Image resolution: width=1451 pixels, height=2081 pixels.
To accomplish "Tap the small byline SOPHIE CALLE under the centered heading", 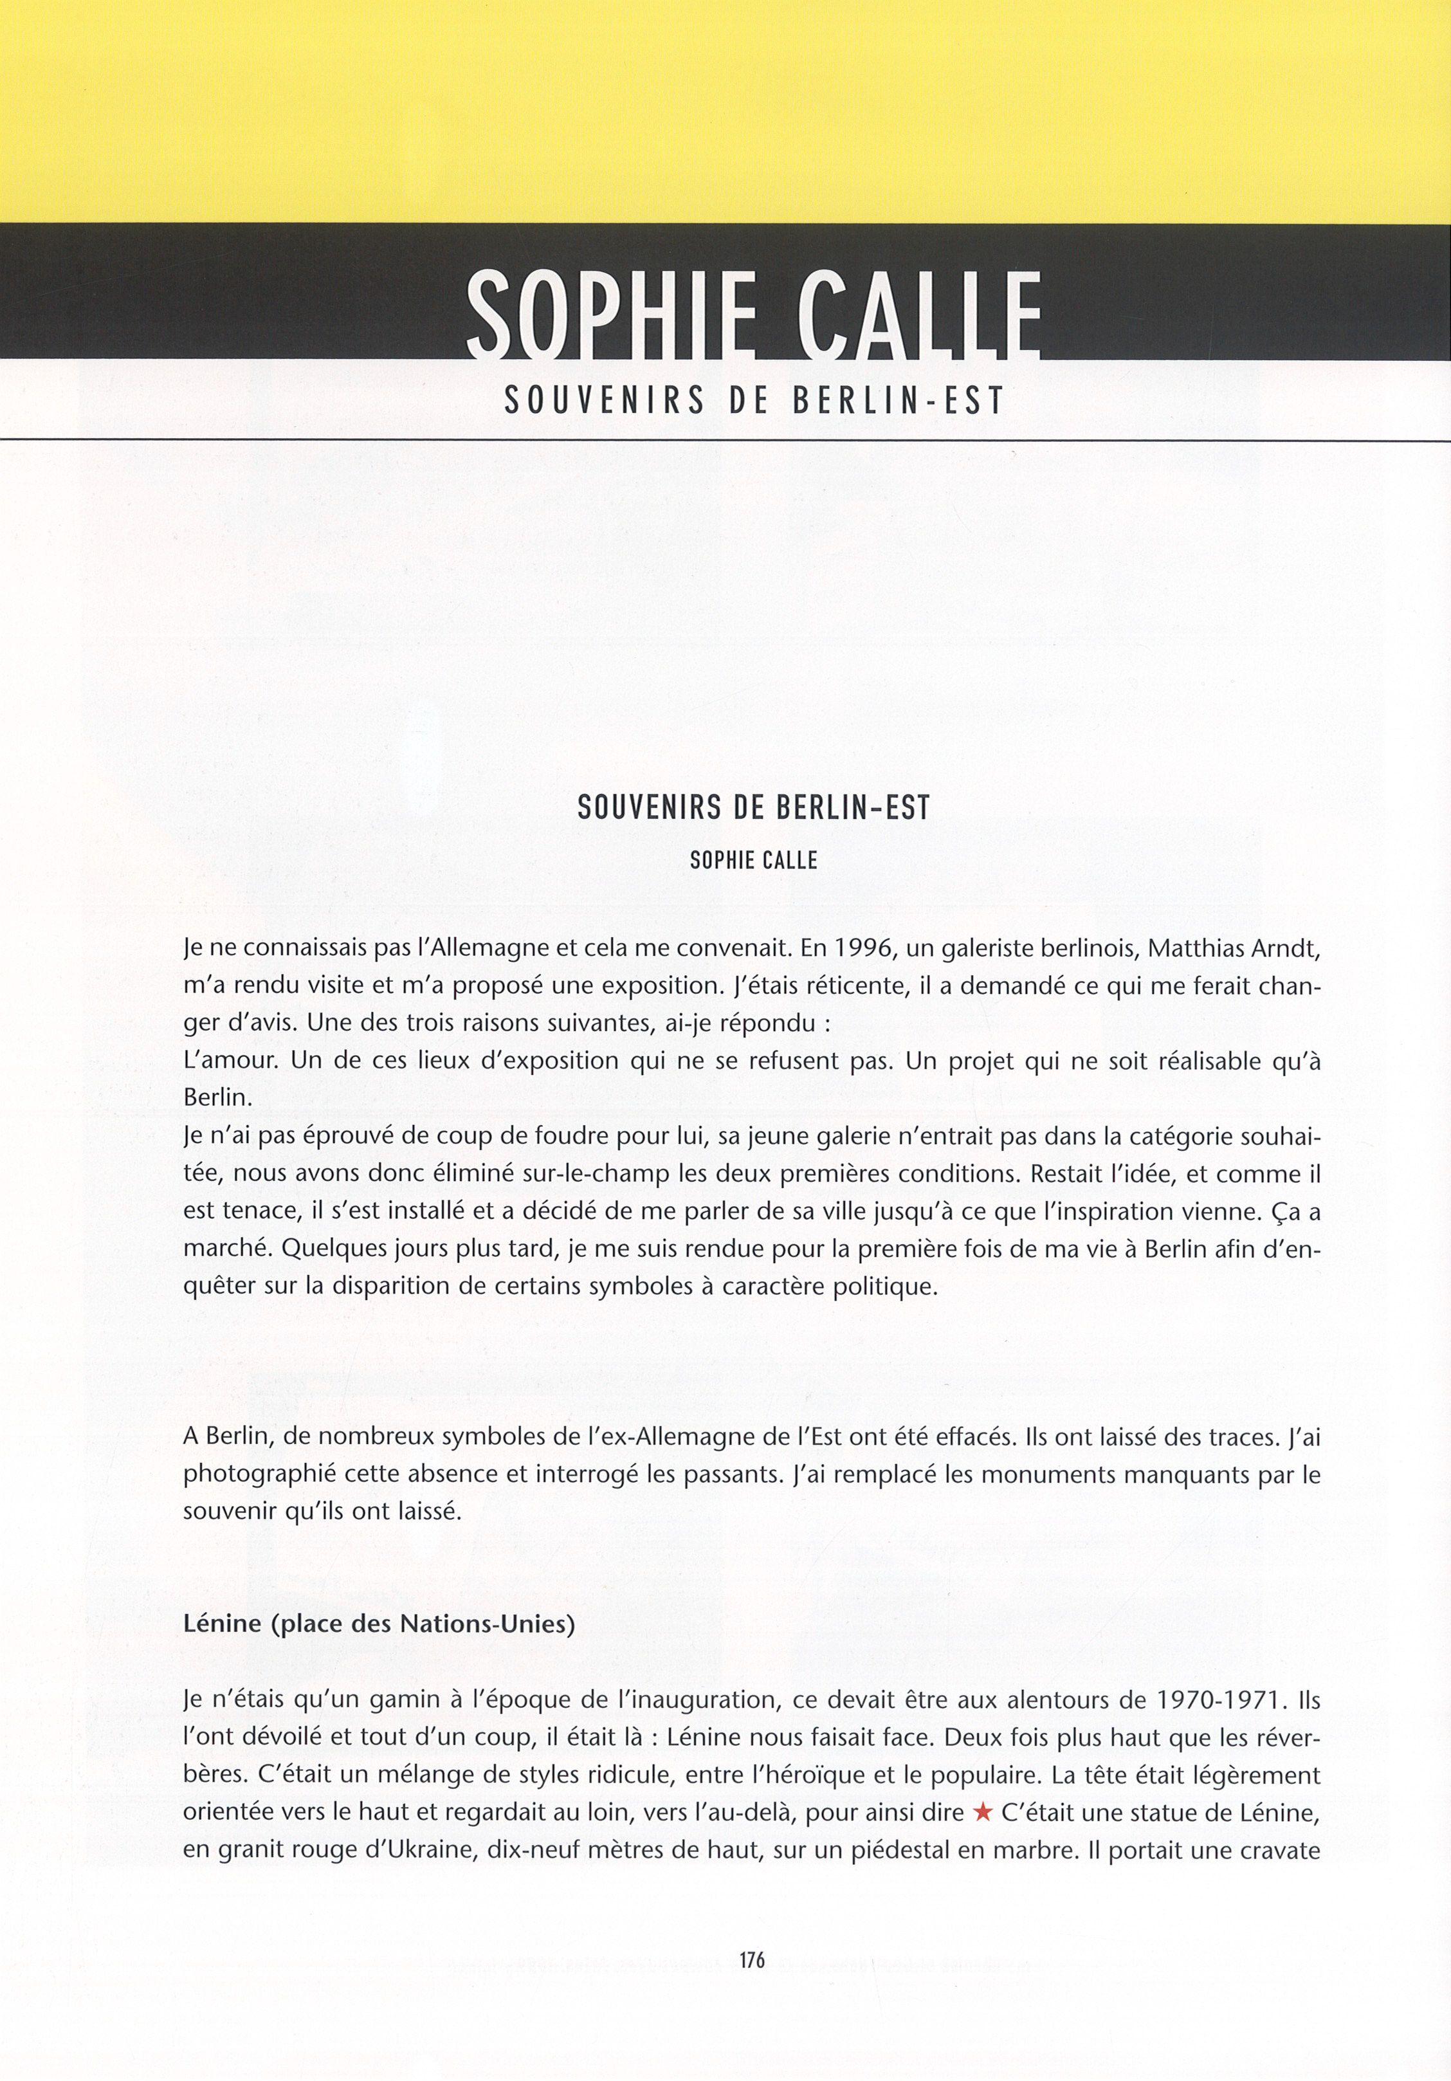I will click(753, 860).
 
